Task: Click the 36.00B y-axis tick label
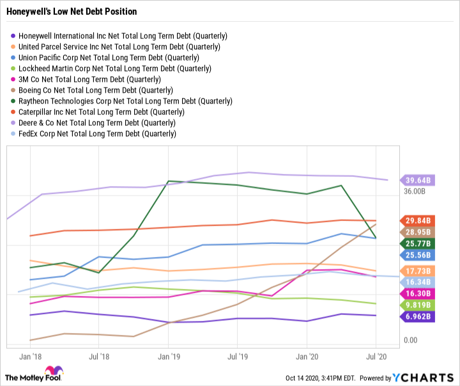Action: click(415, 191)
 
